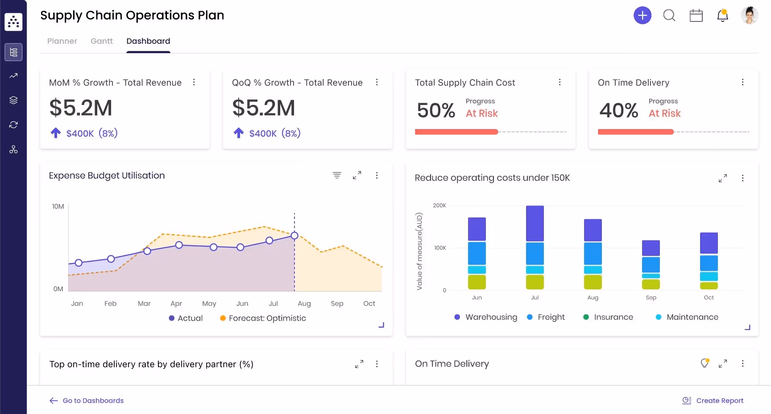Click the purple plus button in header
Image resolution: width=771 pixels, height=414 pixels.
(642, 16)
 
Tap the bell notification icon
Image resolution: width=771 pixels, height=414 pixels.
(722, 16)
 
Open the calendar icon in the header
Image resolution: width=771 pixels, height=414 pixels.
(696, 16)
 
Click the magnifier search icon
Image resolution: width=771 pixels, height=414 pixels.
(669, 16)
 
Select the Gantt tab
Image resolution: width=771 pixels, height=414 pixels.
(102, 41)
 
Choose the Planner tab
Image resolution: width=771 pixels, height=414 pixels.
(62, 41)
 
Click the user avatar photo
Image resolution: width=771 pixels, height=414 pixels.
(749, 16)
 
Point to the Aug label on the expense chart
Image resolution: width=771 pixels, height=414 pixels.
(304, 304)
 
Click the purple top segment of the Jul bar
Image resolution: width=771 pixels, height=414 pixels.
(535, 223)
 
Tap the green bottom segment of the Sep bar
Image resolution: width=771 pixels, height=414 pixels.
(651, 284)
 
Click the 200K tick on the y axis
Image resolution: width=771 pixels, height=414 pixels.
(439, 205)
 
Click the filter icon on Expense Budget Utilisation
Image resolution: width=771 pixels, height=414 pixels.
(337, 175)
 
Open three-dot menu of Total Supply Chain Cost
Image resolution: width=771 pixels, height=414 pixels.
(560, 82)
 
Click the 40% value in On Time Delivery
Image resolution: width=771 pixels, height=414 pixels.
(618, 110)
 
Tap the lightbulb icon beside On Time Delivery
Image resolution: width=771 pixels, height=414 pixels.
(705, 363)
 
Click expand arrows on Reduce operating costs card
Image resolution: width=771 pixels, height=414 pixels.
(723, 178)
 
